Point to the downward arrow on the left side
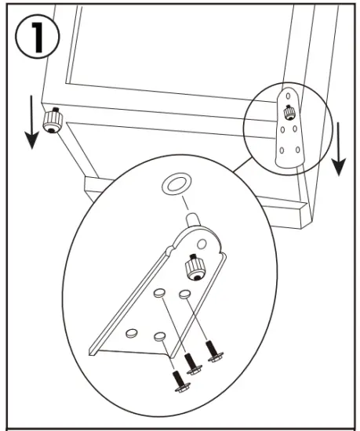31,125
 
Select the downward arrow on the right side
339,148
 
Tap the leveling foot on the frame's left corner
53,121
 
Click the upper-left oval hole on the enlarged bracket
158,292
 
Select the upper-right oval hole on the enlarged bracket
185,294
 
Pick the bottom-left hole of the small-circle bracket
282,149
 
